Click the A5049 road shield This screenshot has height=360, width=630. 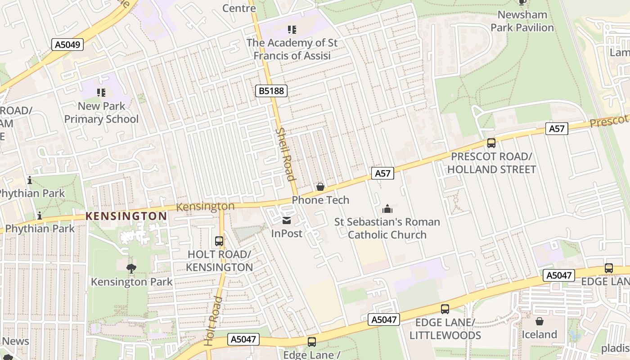click(67, 45)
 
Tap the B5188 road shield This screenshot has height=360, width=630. click(271, 91)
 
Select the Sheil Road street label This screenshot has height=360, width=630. click(285, 154)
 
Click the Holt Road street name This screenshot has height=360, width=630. click(214, 321)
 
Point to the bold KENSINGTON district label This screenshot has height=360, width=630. click(126, 216)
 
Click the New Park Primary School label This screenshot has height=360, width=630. click(102, 112)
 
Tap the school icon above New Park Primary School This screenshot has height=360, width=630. click(101, 93)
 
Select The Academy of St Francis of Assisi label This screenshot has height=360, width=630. click(292, 49)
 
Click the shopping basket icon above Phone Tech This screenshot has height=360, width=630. click(320, 186)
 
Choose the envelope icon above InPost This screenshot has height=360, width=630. click(286, 220)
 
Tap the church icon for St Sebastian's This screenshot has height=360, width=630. click(387, 209)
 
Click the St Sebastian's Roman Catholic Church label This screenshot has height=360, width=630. click(387, 228)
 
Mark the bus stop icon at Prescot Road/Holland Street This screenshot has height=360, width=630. click(491, 143)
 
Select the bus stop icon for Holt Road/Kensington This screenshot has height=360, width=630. click(219, 241)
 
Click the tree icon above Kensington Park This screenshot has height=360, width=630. click(131, 269)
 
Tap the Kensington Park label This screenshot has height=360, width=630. click(131, 282)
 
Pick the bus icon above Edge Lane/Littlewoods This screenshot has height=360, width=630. click(445, 309)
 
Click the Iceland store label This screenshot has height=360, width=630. click(539, 334)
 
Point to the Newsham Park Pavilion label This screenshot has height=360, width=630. click(522, 21)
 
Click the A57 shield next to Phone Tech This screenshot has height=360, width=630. click(382, 173)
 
